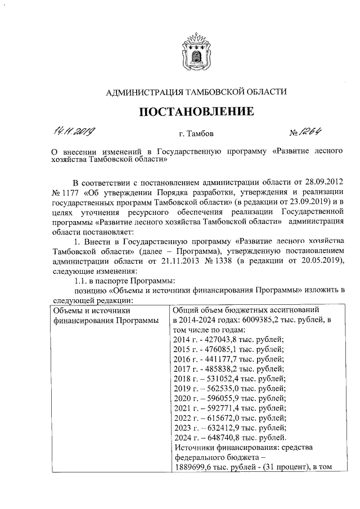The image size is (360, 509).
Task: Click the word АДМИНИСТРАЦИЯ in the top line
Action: [x=137, y=92]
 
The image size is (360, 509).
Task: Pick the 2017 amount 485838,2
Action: [x=220, y=368]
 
